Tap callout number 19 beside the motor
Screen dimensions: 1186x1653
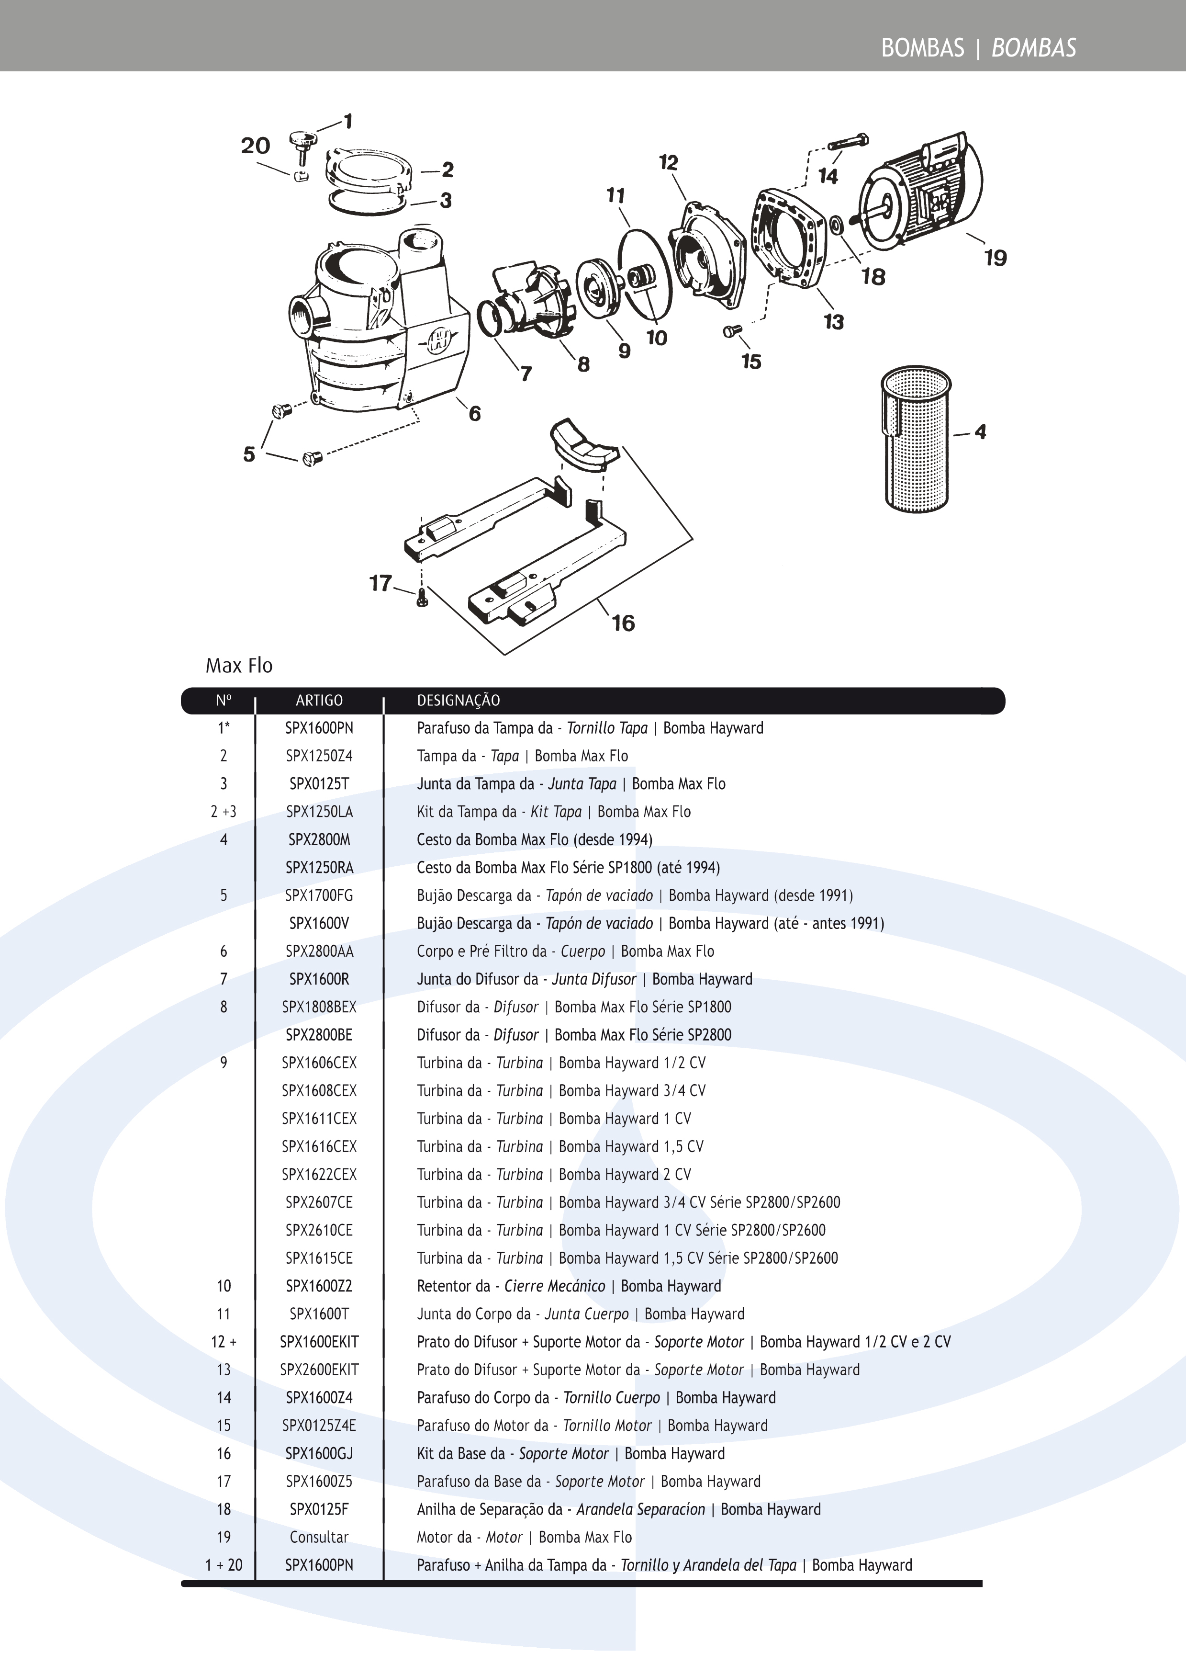pos(995,258)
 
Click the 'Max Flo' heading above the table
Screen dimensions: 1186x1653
pos(239,666)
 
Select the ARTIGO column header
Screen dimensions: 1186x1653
pos(319,701)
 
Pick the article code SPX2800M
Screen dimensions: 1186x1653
pos(319,839)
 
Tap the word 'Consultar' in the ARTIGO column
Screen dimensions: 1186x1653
pos(319,1537)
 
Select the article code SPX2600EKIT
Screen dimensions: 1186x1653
pos(319,1370)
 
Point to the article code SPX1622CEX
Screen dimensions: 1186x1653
pos(319,1174)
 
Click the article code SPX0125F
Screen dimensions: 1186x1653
pos(319,1509)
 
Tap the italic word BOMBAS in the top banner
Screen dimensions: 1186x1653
pos(1034,48)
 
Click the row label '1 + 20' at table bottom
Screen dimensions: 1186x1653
pos(224,1565)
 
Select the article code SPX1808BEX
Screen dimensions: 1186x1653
pos(319,1007)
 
